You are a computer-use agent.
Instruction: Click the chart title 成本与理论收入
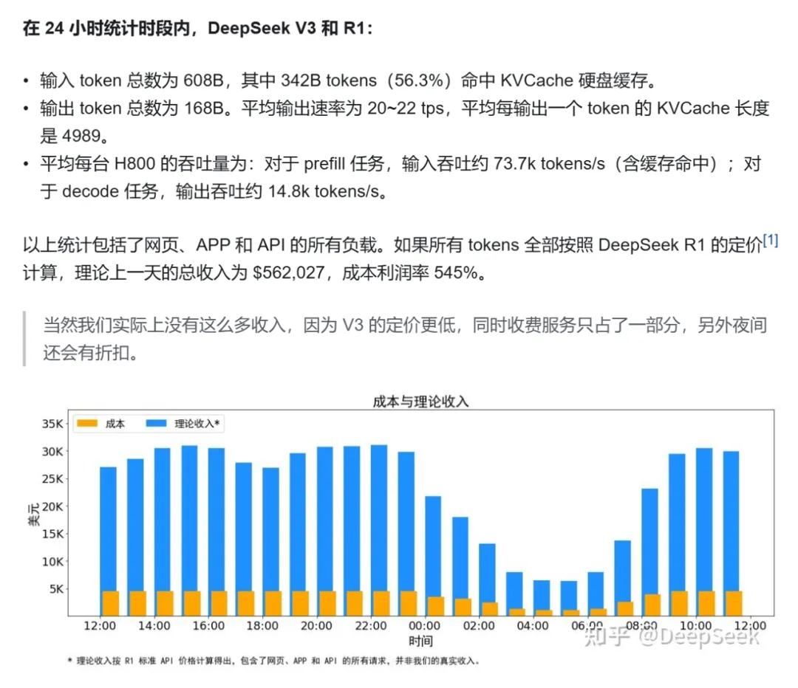click(x=420, y=402)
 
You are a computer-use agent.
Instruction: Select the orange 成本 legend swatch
click(x=87, y=424)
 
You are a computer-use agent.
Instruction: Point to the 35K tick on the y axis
click(x=53, y=424)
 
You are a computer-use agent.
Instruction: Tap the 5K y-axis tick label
click(x=56, y=589)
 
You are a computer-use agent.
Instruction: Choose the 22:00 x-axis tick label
click(x=370, y=626)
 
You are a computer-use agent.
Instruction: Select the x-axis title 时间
click(x=420, y=641)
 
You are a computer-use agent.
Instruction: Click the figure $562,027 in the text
click(x=290, y=273)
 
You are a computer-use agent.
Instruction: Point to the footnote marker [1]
click(x=770, y=241)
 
